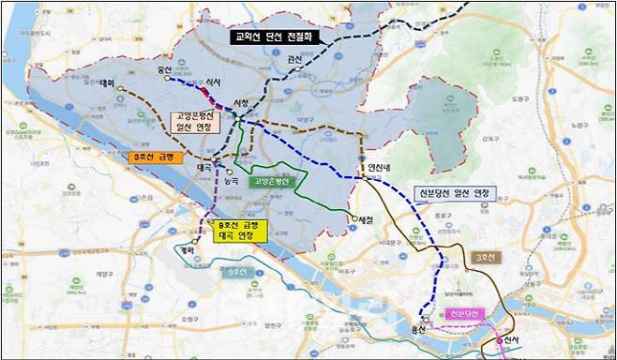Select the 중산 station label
167,68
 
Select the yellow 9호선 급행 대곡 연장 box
241,230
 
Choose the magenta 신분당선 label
464,312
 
